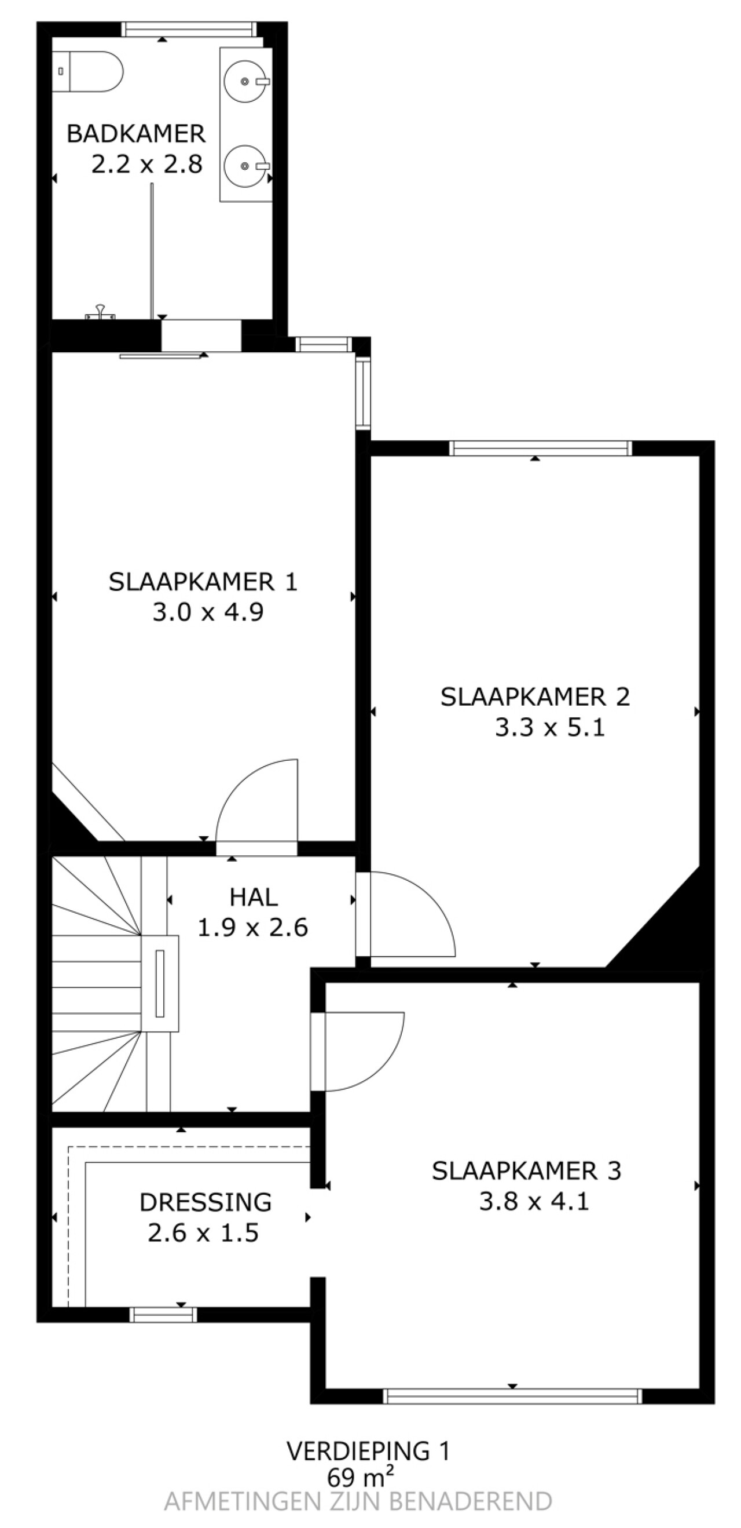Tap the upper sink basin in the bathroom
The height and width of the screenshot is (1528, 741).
point(245,81)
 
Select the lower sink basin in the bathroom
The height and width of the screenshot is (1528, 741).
point(245,166)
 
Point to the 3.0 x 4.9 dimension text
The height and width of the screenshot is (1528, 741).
point(207,611)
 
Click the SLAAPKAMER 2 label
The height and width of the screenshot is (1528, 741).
point(535,696)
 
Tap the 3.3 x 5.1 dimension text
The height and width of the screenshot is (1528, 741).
point(549,727)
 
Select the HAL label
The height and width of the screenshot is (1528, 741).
point(254,897)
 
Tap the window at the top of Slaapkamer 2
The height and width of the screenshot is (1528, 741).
point(540,448)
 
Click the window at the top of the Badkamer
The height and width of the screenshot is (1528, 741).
point(189,30)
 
